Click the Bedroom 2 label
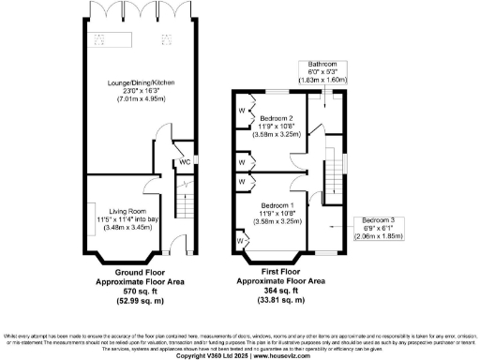coord(278,118)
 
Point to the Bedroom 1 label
coord(278,205)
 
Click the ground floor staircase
coord(184,201)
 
